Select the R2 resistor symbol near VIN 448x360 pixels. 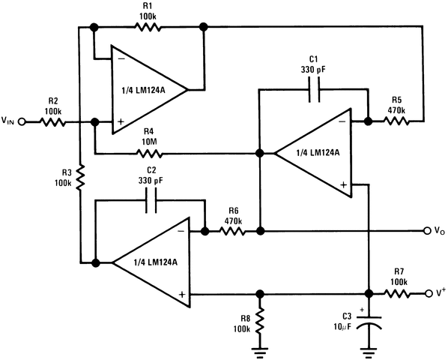pyautogui.click(x=54, y=121)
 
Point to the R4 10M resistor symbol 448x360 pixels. pyautogui.click(x=147, y=154)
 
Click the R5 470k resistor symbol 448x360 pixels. pyautogui.click(x=396, y=120)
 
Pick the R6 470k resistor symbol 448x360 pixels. pyautogui.click(x=232, y=232)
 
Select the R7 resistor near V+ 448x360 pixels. pyautogui.click(x=398, y=292)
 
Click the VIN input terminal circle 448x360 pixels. pyautogui.click(x=22, y=121)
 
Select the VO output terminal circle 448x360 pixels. pyautogui.click(x=427, y=232)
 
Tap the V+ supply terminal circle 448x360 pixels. pyautogui.click(x=427, y=292)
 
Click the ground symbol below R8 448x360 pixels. pyautogui.click(x=259, y=346)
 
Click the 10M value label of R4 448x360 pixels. pyautogui.click(x=147, y=142)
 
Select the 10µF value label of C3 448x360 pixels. pyautogui.click(x=342, y=327)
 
